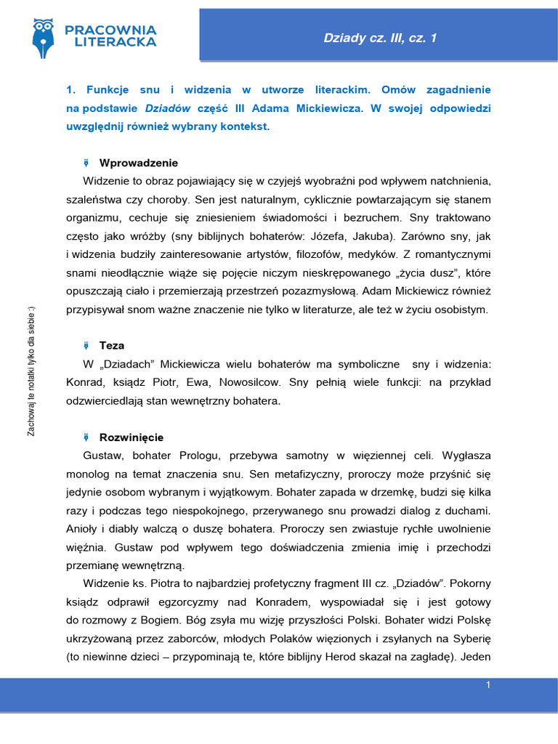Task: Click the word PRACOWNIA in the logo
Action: point(110,30)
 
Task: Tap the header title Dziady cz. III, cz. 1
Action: point(380,38)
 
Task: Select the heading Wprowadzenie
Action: point(138,163)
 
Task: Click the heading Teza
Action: point(112,346)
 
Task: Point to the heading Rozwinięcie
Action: point(131,437)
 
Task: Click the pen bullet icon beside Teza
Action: point(86,346)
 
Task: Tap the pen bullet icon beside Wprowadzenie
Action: point(86,163)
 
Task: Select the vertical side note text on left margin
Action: point(31,371)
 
